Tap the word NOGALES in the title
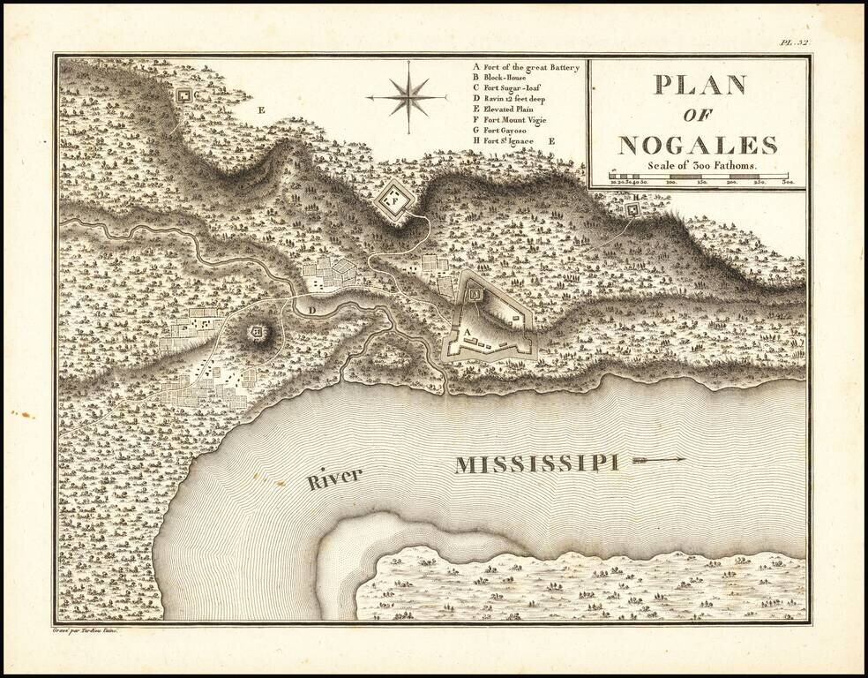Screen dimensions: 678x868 698,145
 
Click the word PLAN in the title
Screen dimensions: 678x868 699,85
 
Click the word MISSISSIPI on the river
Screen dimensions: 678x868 535,464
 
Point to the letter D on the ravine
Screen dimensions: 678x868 311,309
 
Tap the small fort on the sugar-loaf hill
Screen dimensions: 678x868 258,331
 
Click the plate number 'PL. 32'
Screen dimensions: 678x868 795,41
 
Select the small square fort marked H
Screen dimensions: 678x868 633,208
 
